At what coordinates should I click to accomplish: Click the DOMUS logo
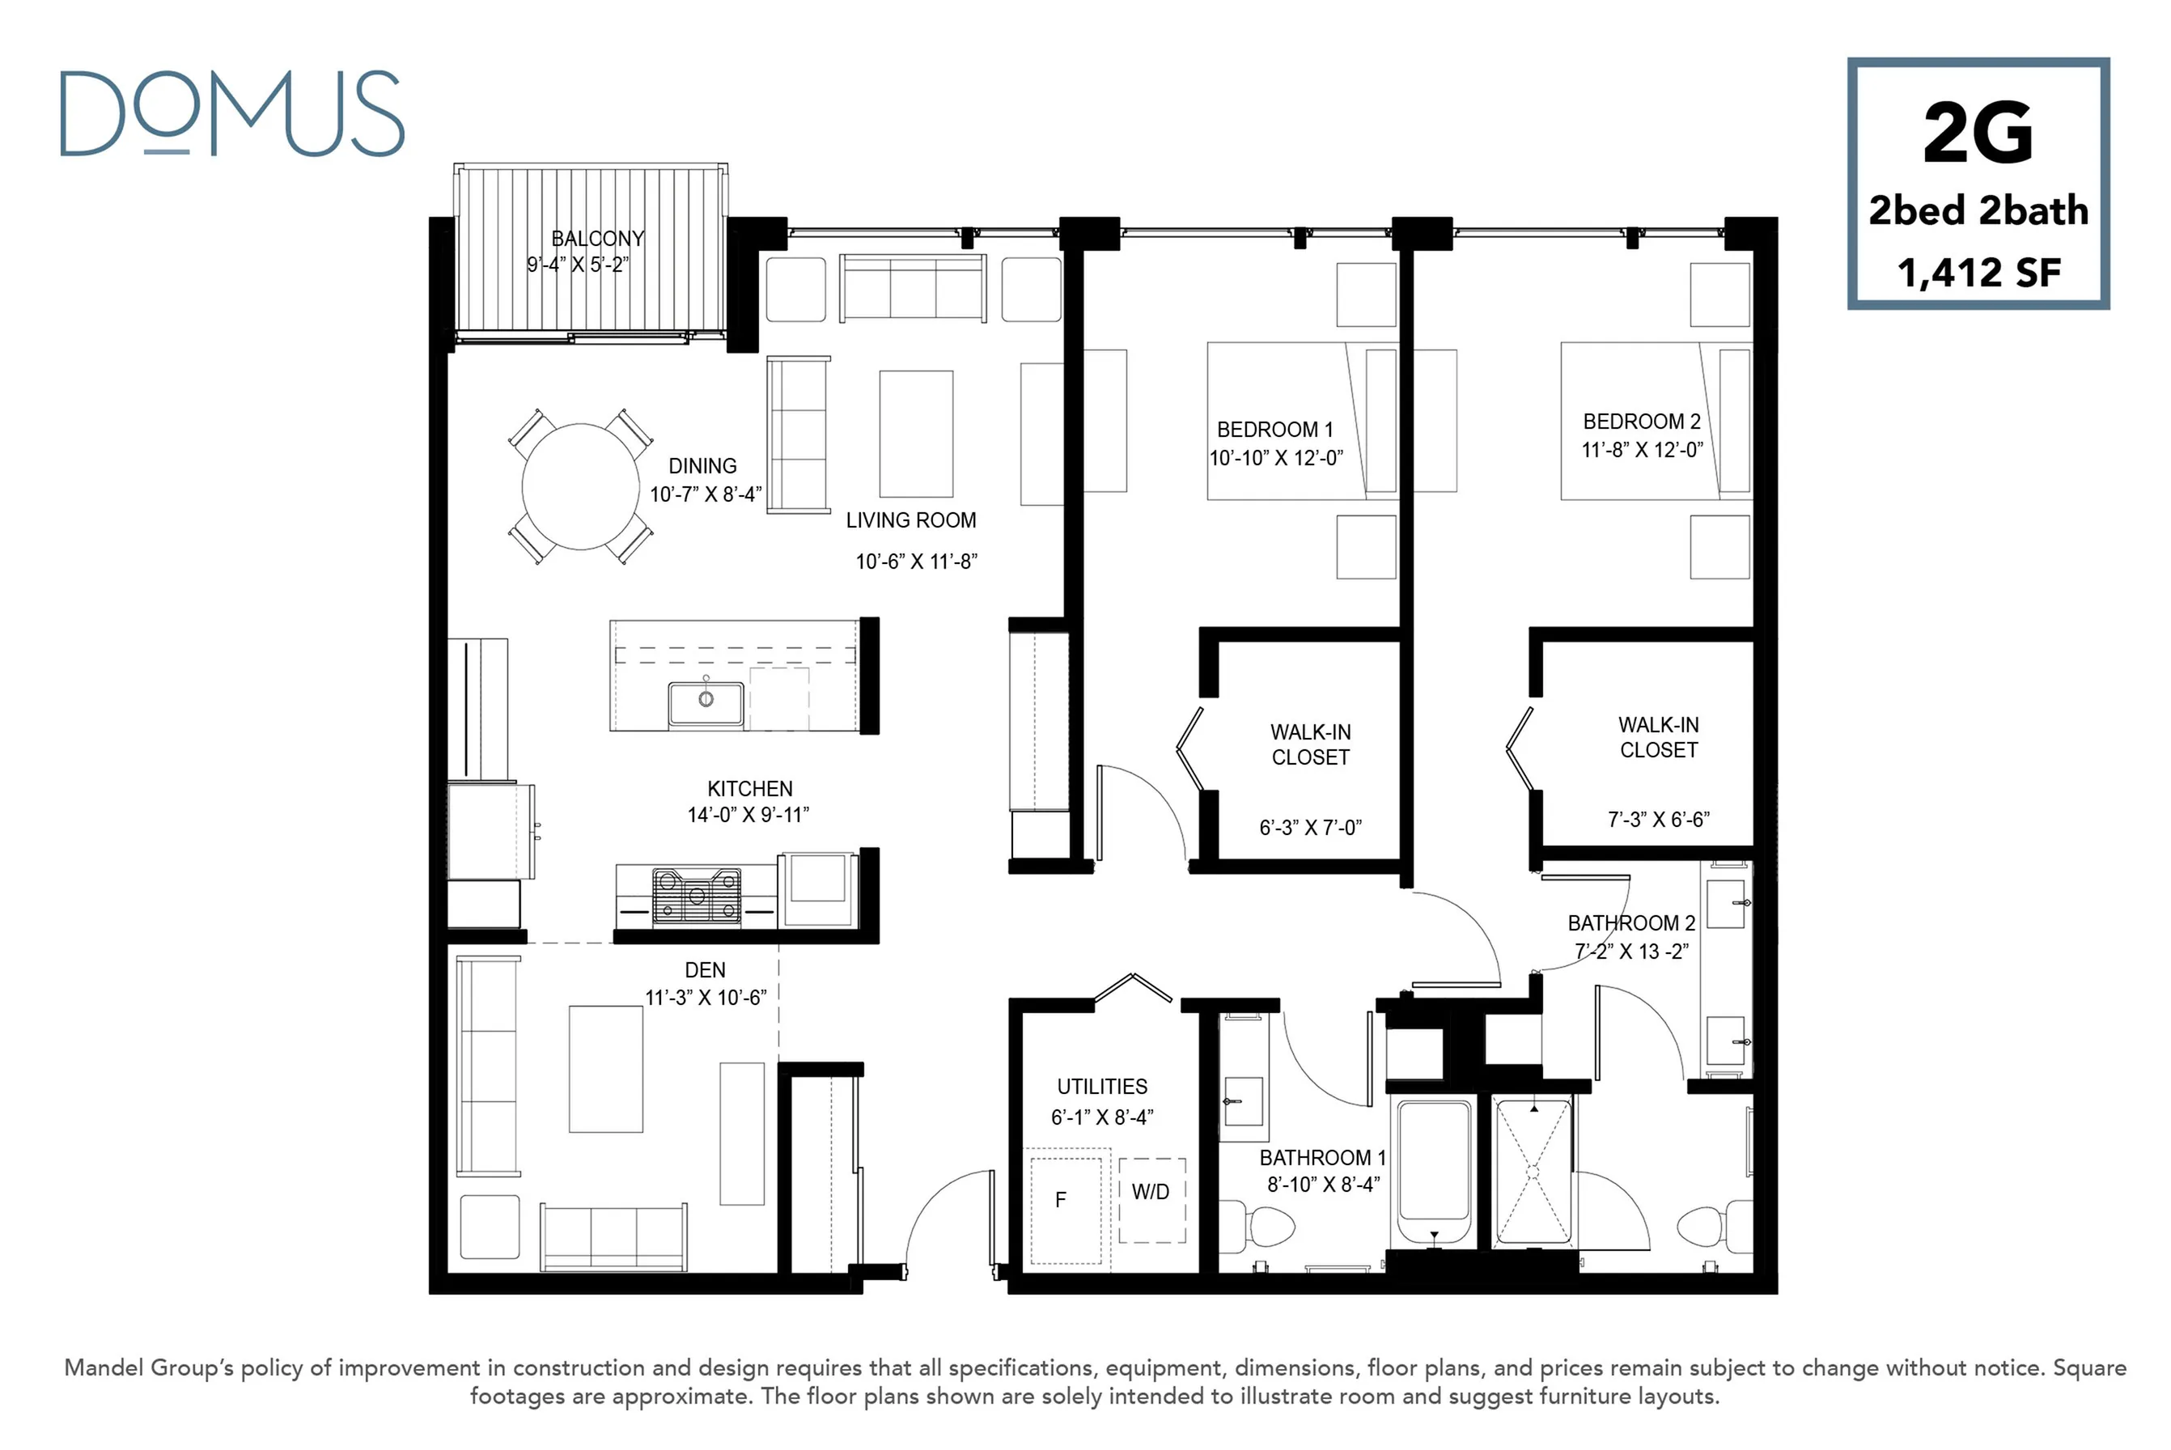tap(232, 112)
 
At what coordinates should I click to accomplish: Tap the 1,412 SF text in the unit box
tap(1979, 273)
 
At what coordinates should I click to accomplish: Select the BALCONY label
tap(597, 239)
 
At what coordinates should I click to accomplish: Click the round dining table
tap(581, 486)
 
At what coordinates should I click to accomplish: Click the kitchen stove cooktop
tap(696, 896)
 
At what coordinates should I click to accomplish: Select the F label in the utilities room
tap(1061, 1199)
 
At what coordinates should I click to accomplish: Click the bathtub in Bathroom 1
tap(1434, 1172)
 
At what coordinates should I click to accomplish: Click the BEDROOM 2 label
tap(1641, 422)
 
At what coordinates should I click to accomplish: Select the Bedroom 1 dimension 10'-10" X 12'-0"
tap(1276, 458)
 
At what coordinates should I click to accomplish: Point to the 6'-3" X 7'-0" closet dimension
tap(1310, 828)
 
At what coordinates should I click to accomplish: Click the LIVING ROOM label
tap(911, 520)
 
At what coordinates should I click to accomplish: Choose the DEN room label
tap(705, 970)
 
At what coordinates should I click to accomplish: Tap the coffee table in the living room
tap(915, 434)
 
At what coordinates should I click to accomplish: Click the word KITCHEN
tap(750, 789)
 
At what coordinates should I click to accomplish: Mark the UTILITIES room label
tap(1102, 1087)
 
